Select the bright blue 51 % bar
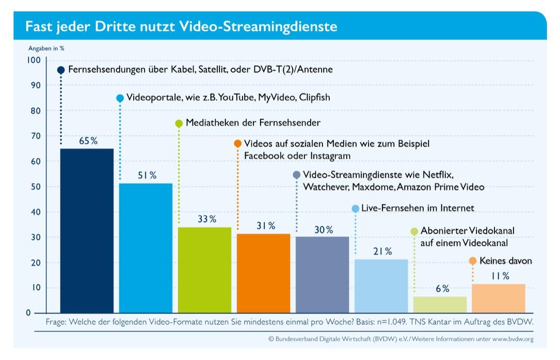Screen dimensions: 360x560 [146, 248]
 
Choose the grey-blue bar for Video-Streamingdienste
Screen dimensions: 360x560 [322, 274]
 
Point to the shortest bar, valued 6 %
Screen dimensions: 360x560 [440, 305]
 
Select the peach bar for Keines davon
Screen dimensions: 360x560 [499, 299]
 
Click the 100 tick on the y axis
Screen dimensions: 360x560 [33, 60]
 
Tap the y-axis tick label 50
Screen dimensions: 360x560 [35, 186]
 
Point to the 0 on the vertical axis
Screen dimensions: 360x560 [28, 313]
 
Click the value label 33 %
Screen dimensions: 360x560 [206, 219]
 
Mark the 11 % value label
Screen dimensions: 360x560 [500, 276]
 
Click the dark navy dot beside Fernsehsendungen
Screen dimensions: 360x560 [61, 70]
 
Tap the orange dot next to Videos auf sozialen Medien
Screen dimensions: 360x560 [237, 143]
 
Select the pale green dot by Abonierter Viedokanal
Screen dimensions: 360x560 [414, 231]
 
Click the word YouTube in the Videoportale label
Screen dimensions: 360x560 [237, 97]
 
